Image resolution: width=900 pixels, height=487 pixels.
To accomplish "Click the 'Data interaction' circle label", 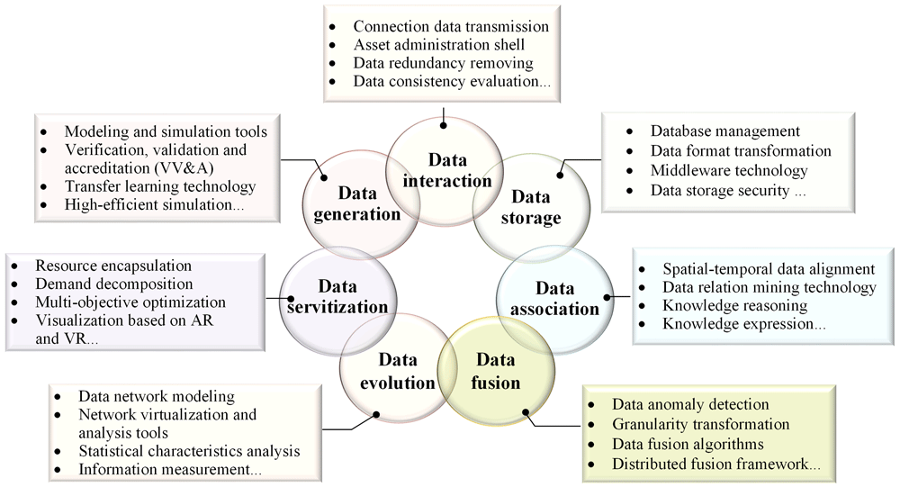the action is [446, 170].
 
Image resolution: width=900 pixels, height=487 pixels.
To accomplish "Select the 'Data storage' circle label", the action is [531, 207].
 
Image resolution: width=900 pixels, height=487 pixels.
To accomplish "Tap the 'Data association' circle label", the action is [554, 298].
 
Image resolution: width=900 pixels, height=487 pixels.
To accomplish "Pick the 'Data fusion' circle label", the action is [495, 371].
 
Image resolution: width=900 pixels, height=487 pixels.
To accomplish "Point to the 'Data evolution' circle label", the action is [397, 371].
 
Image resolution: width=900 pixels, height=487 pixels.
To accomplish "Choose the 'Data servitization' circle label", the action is [337, 296].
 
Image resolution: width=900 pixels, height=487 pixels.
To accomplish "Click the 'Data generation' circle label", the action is [357, 203].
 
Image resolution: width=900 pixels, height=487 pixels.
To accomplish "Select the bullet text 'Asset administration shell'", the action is [439, 44].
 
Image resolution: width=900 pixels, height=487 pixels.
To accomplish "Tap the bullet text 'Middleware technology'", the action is [729, 170].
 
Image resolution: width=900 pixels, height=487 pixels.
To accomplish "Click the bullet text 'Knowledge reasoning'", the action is [734, 305].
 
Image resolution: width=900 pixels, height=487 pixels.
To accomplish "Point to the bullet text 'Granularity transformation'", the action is [701, 424].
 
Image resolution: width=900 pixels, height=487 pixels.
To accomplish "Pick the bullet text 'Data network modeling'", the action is [157, 396].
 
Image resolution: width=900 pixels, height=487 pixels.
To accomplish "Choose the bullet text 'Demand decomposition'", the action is [114, 284].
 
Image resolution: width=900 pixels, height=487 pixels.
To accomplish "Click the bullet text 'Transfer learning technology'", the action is [160, 186].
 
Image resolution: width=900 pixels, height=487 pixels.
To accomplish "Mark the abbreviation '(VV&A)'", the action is [185, 168].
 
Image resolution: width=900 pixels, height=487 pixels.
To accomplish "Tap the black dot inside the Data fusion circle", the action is [526, 411].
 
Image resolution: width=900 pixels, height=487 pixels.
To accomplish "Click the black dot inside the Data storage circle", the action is [560, 175].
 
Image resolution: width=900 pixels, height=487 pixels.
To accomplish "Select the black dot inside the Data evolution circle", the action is [376, 414].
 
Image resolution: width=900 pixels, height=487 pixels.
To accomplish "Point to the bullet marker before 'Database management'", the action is [630, 131].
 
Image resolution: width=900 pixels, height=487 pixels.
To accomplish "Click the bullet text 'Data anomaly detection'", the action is [690, 404].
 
